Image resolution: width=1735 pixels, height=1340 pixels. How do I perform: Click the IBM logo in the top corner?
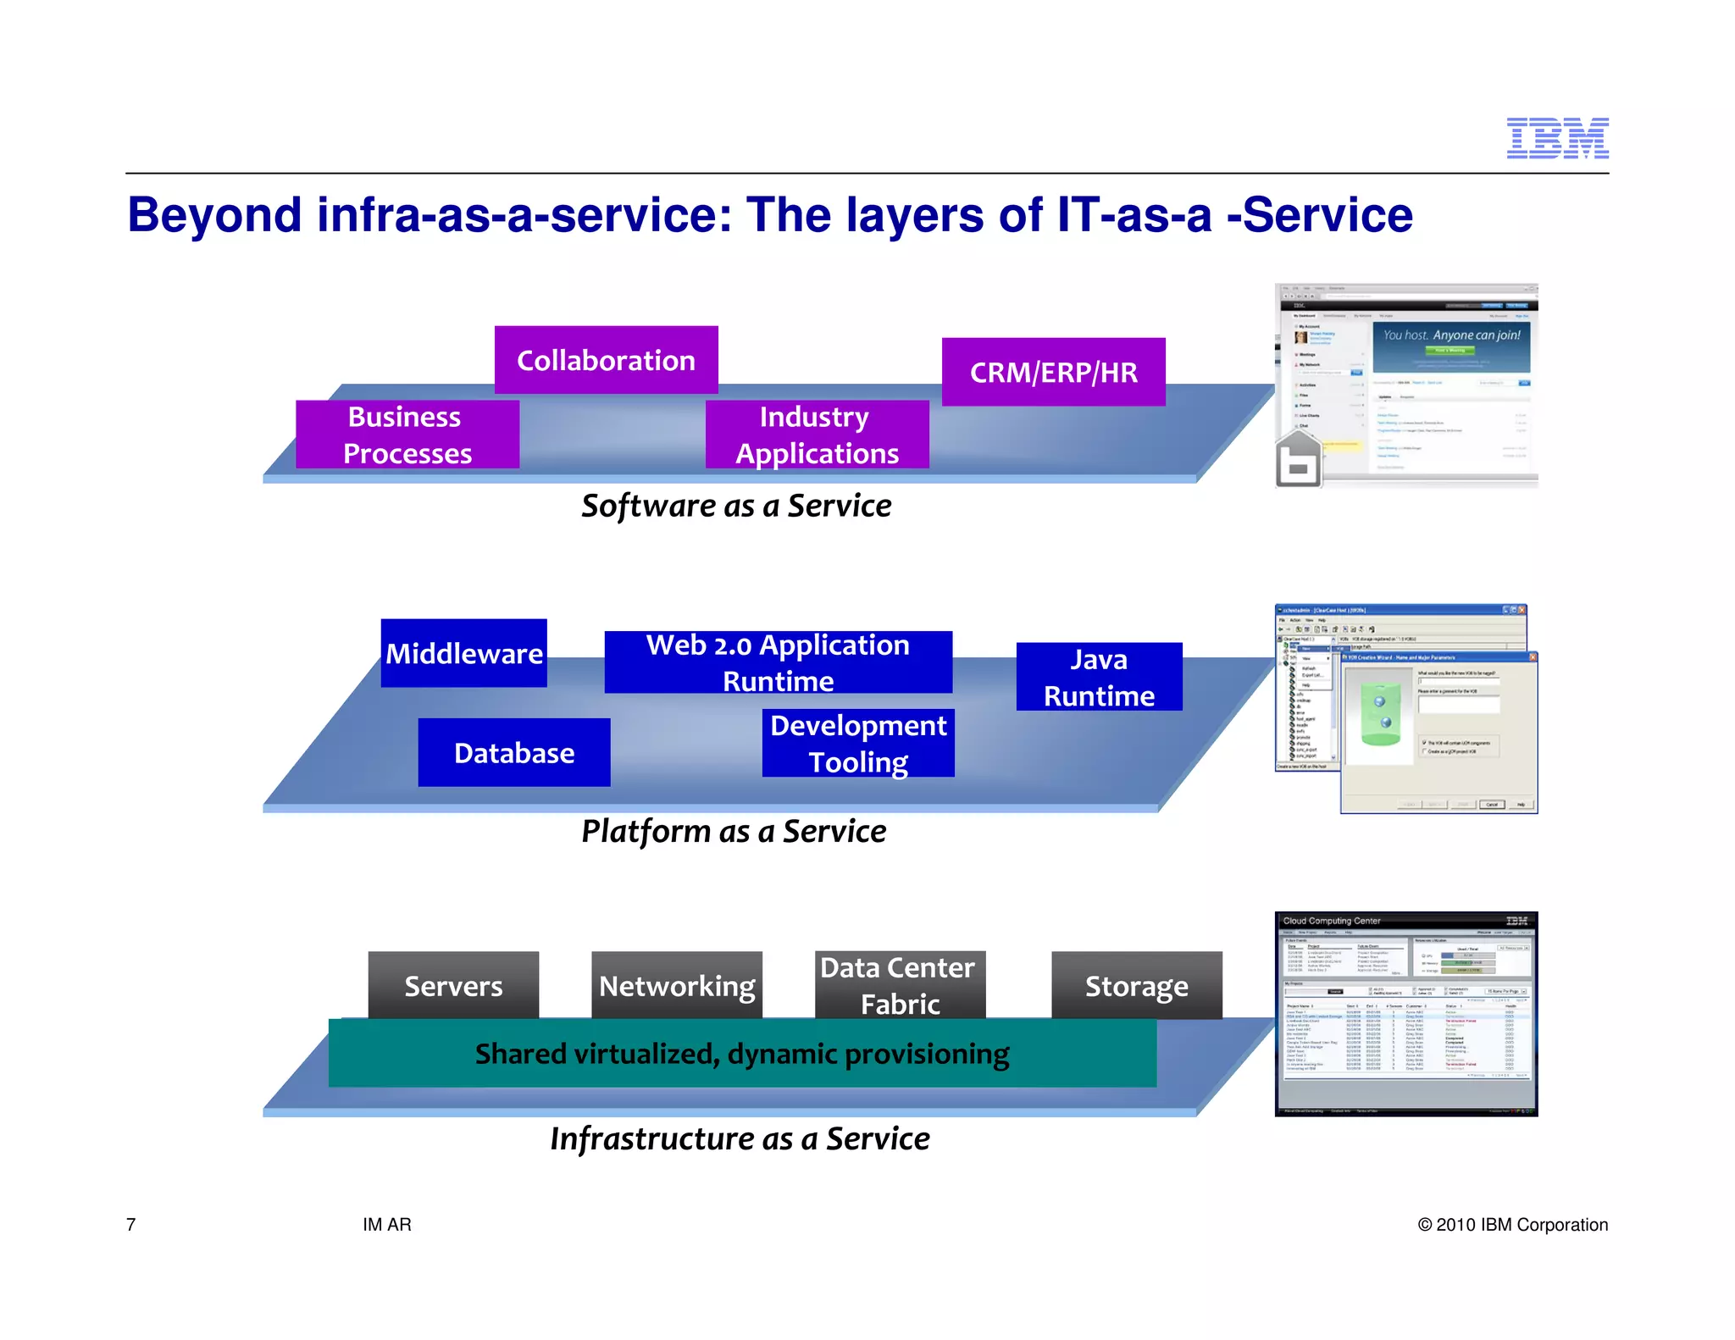1556,138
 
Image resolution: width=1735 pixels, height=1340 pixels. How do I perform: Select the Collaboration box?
606,360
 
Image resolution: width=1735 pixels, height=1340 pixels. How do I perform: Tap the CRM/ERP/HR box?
1053,372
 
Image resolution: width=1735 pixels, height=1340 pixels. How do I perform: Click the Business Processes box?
407,435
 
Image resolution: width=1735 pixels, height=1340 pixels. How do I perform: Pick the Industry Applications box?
817,435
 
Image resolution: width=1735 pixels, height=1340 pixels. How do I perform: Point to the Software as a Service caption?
735,506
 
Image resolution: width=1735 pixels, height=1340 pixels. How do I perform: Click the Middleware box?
463,653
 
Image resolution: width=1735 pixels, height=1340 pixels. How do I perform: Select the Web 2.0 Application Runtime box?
778,662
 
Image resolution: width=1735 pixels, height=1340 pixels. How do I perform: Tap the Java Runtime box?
1099,677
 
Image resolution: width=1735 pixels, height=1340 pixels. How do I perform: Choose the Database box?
513,752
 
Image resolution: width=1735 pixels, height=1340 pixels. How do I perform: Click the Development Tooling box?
857,743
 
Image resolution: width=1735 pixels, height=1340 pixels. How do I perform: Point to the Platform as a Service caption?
734,831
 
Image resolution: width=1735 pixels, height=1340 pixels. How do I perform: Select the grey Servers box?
453,985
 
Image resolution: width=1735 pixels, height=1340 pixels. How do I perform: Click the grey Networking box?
676,985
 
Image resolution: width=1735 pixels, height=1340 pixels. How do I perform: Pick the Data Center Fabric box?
899,985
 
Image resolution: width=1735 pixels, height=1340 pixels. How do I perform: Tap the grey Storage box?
1136,985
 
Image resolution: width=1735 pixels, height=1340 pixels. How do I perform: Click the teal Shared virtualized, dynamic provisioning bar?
741,1054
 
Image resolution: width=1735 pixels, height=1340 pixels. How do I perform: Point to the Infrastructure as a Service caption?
740,1138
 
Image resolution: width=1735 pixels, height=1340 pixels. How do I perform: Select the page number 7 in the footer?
130,1224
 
